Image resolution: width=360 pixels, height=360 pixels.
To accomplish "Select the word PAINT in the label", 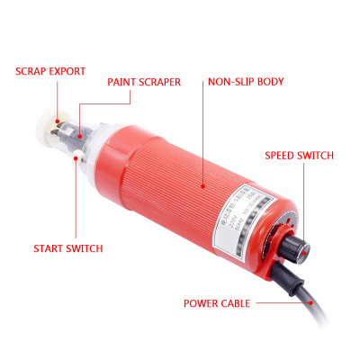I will point(124,82).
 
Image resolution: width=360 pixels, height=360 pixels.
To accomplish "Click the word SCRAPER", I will point(163,82).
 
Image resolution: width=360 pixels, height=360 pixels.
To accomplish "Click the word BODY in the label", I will point(271,82).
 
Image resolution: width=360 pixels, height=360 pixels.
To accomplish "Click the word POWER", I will point(202,303).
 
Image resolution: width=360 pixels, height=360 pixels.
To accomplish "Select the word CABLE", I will point(241,303).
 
